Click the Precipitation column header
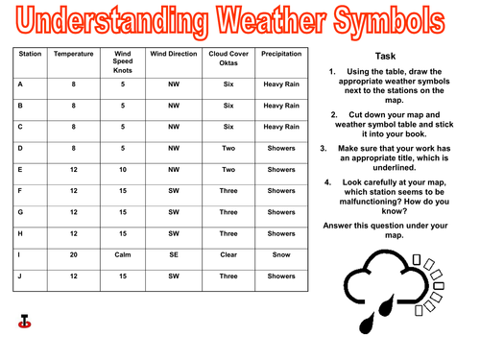coord(281,54)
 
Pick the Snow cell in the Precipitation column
coord(281,254)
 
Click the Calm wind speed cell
coord(121,254)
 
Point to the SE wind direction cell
coord(174,254)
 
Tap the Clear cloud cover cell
coord(228,254)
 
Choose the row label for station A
coord(21,84)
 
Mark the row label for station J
coord(21,276)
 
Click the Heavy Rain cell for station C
coord(281,126)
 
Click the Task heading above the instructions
coord(396,56)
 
